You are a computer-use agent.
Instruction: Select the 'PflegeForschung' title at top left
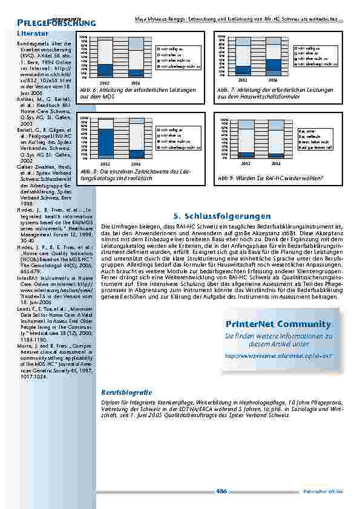[56, 23]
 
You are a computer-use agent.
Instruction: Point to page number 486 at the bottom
[221, 491]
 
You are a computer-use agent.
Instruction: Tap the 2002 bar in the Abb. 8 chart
[105, 139]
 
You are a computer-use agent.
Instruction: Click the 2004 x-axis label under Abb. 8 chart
[136, 164]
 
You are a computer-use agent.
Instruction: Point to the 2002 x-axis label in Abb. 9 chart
[246, 163]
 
